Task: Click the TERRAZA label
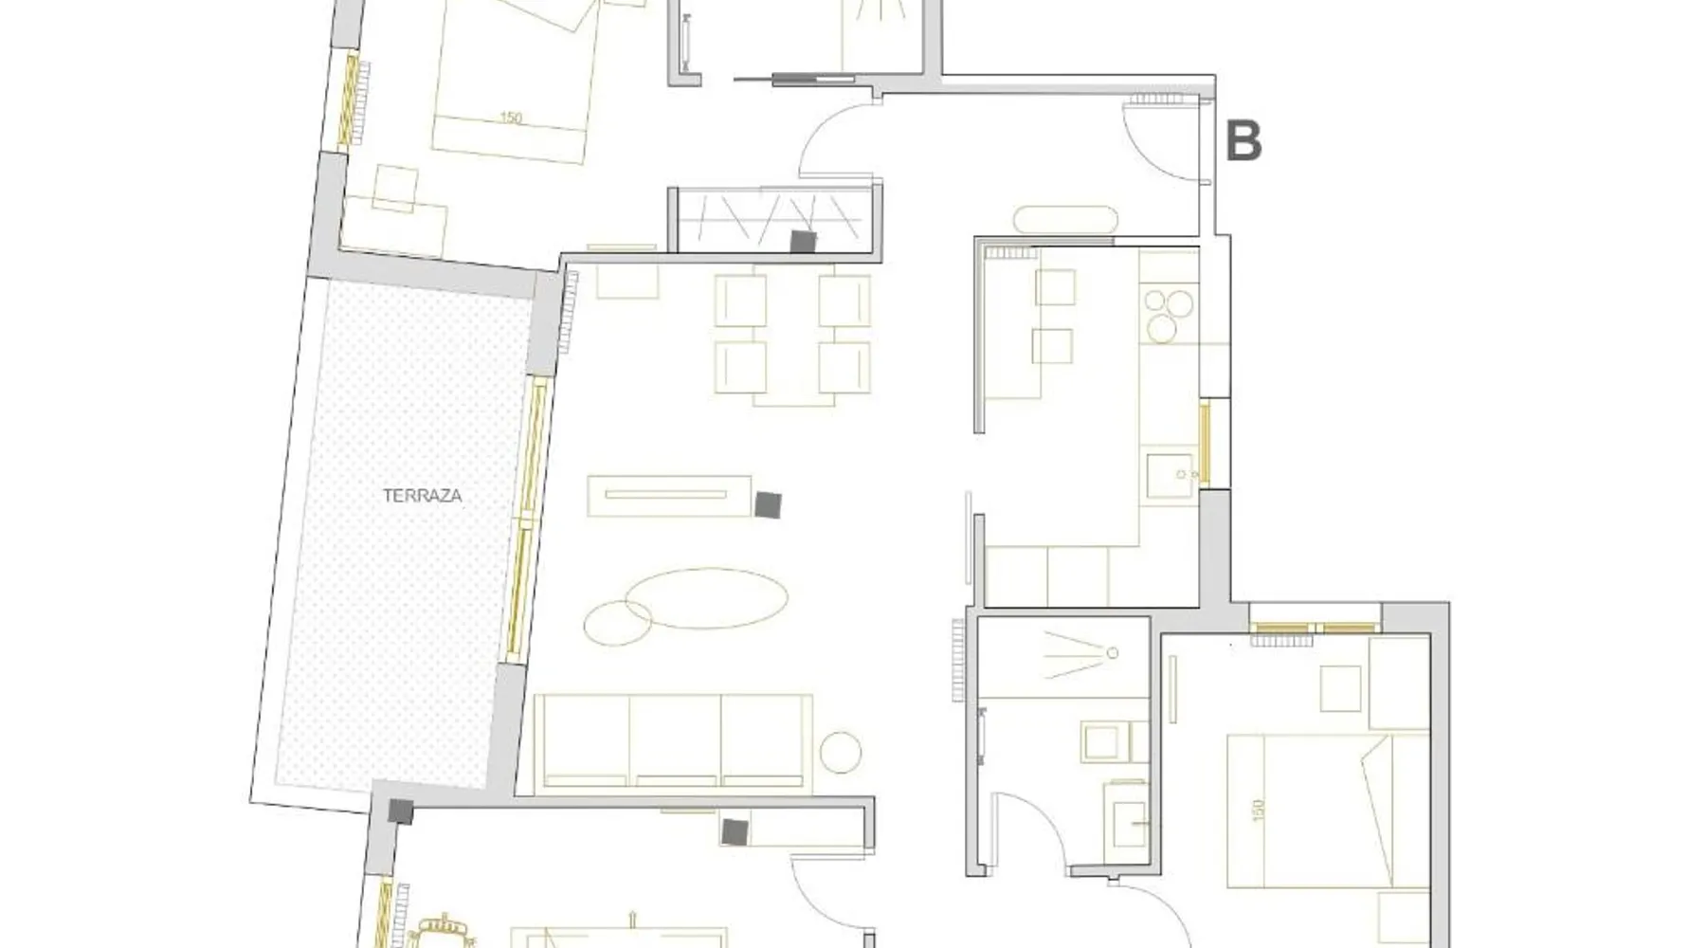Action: click(x=422, y=495)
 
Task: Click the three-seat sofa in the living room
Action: click(x=673, y=742)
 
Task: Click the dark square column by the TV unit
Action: click(x=768, y=504)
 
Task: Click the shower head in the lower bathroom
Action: click(x=1113, y=652)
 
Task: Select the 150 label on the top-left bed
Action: click(x=511, y=118)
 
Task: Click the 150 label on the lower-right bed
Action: click(x=1258, y=811)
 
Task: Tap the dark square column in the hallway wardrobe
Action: click(x=804, y=242)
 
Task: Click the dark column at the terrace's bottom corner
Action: click(x=401, y=811)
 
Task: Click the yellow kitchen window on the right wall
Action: click(x=1205, y=443)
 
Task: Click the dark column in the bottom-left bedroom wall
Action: click(x=734, y=832)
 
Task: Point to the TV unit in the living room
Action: click(x=670, y=496)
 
